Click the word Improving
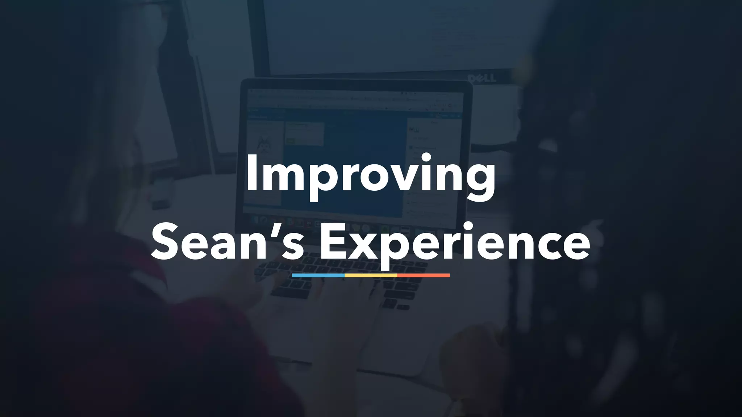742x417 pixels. [x=370, y=174]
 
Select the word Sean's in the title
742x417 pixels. [x=228, y=242]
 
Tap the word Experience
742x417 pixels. [x=455, y=242]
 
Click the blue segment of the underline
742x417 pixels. [x=318, y=275]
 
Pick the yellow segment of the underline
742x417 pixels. [x=371, y=275]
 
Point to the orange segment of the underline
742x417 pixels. [x=424, y=275]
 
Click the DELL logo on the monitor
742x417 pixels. [x=482, y=78]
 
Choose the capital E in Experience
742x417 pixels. [x=332, y=242]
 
